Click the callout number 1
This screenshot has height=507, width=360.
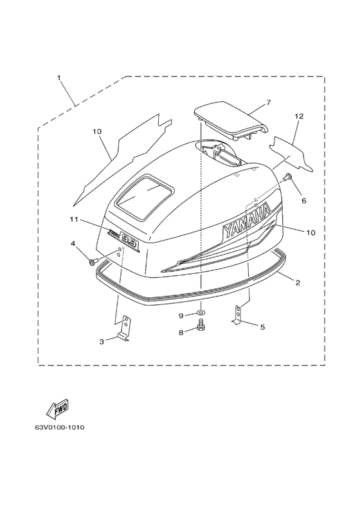(59, 77)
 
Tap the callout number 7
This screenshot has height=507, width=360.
(268, 102)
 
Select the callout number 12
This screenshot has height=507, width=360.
(299, 116)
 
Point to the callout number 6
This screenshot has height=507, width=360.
(304, 201)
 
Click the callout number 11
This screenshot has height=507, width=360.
(74, 219)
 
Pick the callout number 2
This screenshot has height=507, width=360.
(298, 282)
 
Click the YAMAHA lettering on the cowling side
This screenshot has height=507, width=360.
(247, 221)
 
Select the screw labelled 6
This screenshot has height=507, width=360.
(287, 177)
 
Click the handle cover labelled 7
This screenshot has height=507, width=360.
(231, 120)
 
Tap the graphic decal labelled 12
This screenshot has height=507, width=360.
(291, 152)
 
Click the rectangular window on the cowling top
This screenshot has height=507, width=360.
(145, 198)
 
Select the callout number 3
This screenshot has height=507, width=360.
(102, 342)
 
